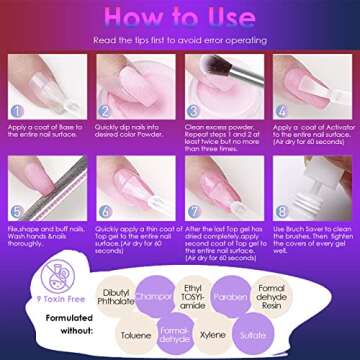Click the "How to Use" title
point(179,17)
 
